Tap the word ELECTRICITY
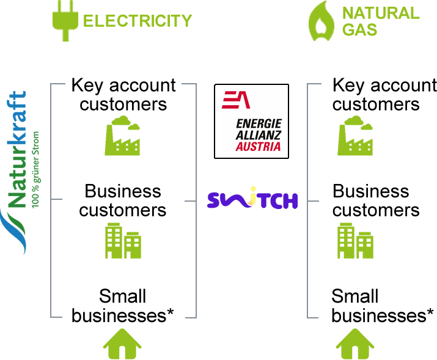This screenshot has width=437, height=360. coord(137,21)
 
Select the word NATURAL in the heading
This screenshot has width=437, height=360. coord(381,13)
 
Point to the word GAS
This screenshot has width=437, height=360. coord(359,29)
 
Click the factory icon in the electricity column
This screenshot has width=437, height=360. coord(122,135)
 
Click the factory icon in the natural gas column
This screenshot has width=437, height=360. coord(355,135)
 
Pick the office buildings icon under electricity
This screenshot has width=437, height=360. coord(122,240)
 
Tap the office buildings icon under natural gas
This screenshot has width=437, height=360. coord(355,240)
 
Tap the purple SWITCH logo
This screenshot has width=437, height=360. coord(252,199)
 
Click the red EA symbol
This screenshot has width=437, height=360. coord(235,100)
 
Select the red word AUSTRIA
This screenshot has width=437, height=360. coord(259,147)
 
